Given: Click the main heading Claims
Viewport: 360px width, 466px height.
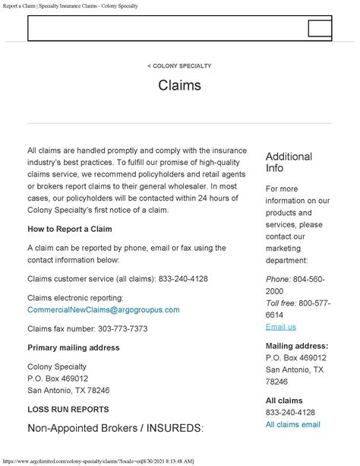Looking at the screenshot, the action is (x=179, y=85).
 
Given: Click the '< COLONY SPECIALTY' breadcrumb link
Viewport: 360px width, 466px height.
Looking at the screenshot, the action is (x=179, y=66).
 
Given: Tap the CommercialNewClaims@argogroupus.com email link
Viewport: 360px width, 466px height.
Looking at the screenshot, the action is (x=103, y=310).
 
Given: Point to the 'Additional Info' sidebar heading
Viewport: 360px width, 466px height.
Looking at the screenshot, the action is (x=289, y=162).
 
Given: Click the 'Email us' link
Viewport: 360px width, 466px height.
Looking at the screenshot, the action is (x=280, y=327).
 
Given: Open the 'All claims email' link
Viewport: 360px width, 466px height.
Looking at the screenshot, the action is (x=293, y=424).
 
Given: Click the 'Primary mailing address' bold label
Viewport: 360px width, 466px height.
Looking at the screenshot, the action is (x=73, y=347).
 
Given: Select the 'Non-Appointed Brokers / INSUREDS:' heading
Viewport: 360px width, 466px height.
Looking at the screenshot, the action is (x=115, y=427).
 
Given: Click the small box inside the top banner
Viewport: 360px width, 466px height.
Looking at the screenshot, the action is (x=320, y=29).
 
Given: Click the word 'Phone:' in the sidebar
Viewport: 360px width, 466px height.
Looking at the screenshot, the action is (x=278, y=279).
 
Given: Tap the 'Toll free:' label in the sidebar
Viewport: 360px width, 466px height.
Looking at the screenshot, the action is (x=283, y=303).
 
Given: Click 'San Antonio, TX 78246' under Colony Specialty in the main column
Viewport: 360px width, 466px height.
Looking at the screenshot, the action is (x=68, y=390).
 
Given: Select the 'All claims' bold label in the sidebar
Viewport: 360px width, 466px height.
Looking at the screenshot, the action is (x=284, y=401).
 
